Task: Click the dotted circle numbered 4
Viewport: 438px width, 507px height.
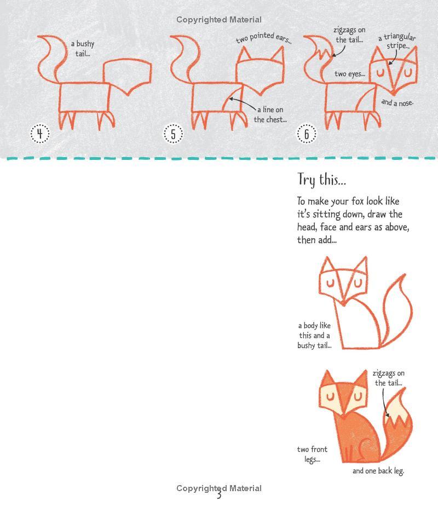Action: pyautogui.click(x=40, y=134)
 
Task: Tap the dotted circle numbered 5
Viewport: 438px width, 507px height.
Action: pyautogui.click(x=173, y=134)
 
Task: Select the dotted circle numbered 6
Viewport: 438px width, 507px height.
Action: pyautogui.click(x=306, y=134)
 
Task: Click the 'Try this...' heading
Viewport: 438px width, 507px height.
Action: pyautogui.click(x=321, y=180)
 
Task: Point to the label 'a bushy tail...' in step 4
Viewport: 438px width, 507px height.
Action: pyautogui.click(x=83, y=48)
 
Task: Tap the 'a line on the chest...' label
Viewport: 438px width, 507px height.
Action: pyautogui.click(x=270, y=114)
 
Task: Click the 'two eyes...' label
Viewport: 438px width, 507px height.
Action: pyautogui.click(x=350, y=74)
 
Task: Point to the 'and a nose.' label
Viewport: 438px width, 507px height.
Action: pyautogui.click(x=397, y=103)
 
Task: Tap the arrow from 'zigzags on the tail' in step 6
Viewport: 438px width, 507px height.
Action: pyautogui.click(x=340, y=51)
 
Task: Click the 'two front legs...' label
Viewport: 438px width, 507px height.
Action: pyautogui.click(x=312, y=454)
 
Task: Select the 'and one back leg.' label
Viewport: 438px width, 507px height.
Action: pyautogui.click(x=378, y=471)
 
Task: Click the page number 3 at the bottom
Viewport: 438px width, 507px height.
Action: pyautogui.click(x=219, y=495)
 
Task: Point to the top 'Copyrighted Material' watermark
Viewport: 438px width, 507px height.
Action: pyautogui.click(x=219, y=20)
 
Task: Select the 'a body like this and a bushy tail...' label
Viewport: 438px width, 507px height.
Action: pyautogui.click(x=314, y=335)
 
